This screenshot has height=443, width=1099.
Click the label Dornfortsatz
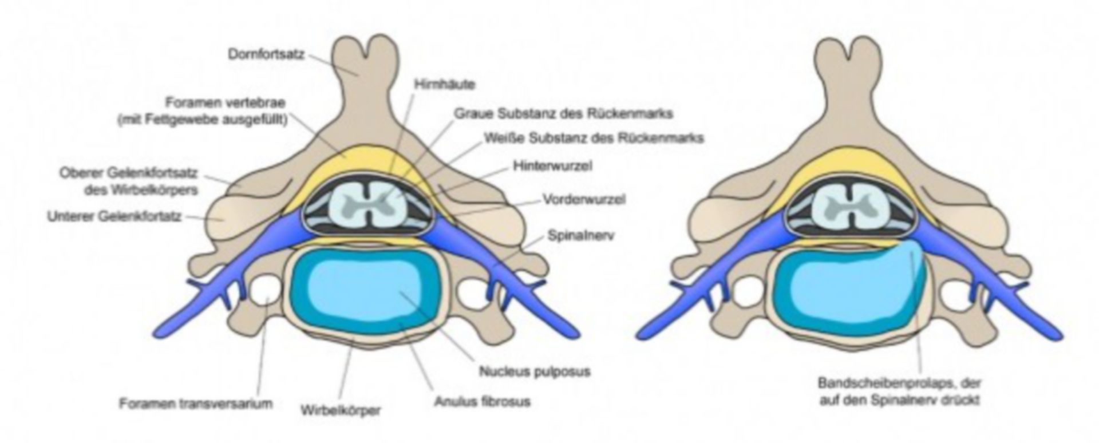coord(266,55)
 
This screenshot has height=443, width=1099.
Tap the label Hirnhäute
coord(445,84)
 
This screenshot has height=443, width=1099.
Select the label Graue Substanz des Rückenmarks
coord(563,113)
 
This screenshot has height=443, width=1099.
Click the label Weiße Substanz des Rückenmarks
coord(594,138)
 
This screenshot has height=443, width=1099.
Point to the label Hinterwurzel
coord(552,166)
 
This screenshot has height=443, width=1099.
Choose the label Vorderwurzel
coord(583,199)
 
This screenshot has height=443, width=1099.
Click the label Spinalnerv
coord(580,235)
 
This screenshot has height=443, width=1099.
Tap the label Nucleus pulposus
coord(534,371)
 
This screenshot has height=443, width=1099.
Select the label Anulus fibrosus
coord(481,401)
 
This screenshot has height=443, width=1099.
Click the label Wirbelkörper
coord(340,410)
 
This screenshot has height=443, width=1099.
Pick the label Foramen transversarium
coord(196,404)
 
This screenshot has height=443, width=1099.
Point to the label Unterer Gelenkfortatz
coord(114,217)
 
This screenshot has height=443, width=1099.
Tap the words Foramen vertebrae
coord(225,103)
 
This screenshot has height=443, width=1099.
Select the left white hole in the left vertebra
coord(266,290)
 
